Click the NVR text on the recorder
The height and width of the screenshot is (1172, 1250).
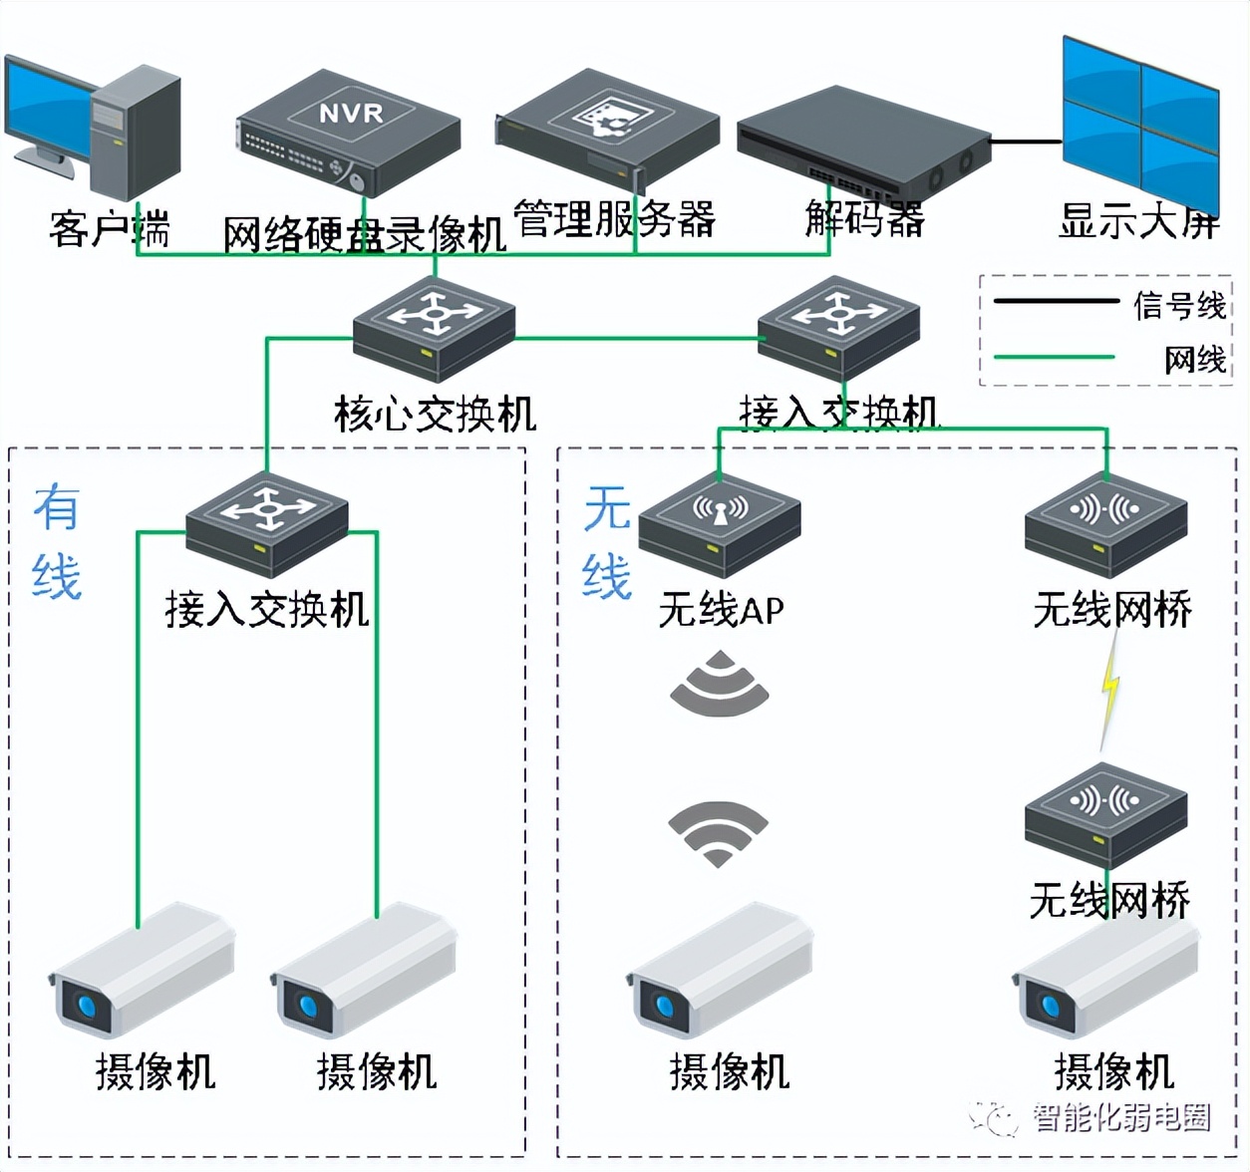point(351,113)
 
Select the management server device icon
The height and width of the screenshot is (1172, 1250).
point(607,128)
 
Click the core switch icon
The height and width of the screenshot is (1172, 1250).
point(434,330)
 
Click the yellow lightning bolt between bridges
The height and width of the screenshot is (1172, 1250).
point(1109,687)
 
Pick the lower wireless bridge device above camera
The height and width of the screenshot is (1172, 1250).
point(1105,813)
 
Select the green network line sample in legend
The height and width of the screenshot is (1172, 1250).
point(1055,357)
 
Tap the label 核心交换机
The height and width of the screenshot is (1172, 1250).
point(435,414)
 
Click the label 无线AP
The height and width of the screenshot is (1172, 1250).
point(721,610)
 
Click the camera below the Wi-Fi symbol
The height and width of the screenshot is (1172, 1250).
point(720,971)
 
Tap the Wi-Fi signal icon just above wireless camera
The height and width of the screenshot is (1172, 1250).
point(718,832)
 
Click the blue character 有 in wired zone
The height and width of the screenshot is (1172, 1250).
point(56,508)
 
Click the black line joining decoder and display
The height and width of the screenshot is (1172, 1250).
point(1026,142)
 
